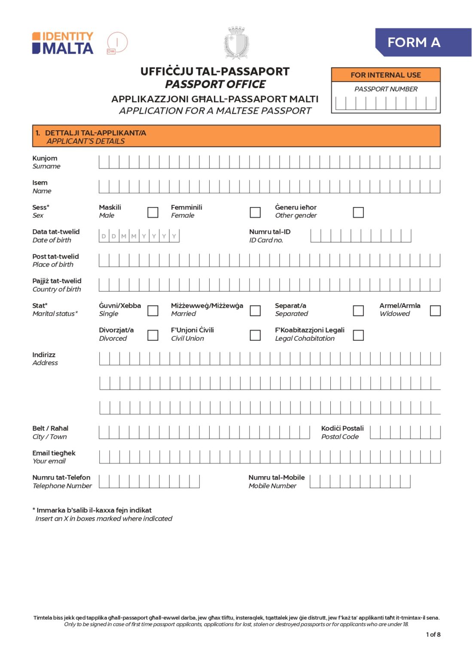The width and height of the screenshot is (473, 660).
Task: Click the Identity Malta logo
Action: click(63, 43)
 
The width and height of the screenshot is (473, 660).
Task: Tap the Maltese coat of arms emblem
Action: click(236, 43)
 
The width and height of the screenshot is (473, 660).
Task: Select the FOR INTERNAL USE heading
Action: click(385, 75)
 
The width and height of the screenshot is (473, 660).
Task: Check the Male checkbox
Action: click(153, 212)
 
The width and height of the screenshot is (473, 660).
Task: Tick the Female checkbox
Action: click(255, 212)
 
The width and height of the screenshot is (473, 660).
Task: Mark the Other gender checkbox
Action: click(358, 212)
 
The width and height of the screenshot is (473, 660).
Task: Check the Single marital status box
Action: click(153, 310)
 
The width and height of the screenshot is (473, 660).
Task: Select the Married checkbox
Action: click(255, 310)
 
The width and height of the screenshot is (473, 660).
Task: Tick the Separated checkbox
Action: click(358, 310)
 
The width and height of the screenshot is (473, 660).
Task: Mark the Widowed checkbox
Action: click(435, 310)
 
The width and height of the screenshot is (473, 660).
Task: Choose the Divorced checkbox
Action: click(153, 335)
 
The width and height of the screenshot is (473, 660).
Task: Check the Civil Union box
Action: click(255, 335)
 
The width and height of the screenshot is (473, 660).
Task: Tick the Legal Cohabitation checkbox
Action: click(358, 335)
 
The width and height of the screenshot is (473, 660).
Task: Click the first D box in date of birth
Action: click(104, 236)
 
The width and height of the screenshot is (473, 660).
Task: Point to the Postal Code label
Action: click(342, 432)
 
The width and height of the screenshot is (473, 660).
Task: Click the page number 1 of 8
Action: click(433, 634)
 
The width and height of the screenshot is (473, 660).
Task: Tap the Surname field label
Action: click(46, 162)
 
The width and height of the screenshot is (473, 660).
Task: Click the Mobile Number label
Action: click(276, 481)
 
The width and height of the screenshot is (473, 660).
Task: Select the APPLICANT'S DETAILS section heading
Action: click(91, 137)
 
